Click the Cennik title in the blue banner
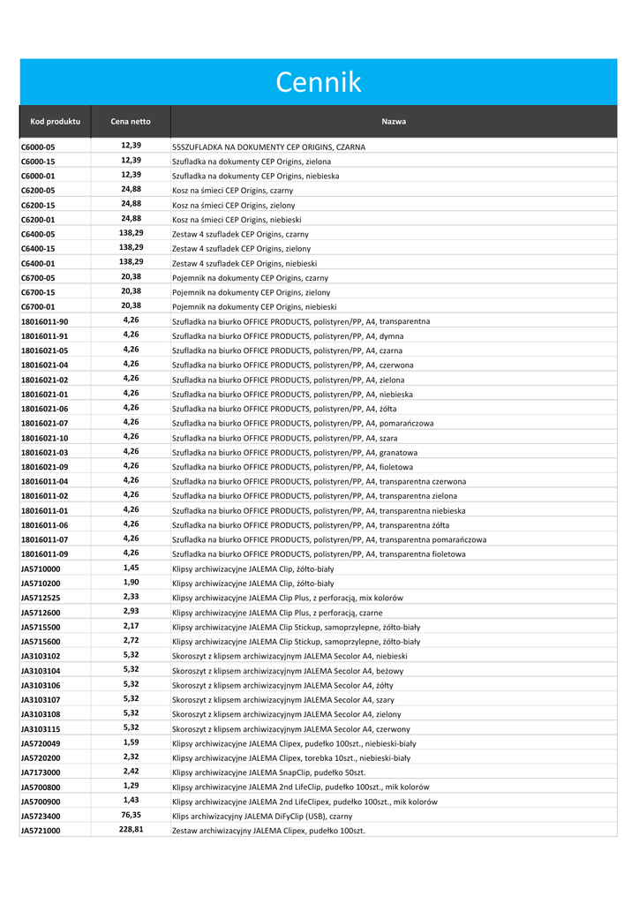click(x=319, y=82)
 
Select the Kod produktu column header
click(x=55, y=121)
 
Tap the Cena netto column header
click(x=131, y=121)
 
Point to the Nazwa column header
click(x=394, y=121)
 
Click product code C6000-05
click(x=38, y=147)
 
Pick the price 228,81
click(x=131, y=829)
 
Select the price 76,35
click(x=131, y=815)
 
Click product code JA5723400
click(x=41, y=816)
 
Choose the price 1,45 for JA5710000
click(x=131, y=568)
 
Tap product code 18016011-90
click(x=44, y=321)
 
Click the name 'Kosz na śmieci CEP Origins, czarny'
click(x=233, y=191)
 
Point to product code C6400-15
click(x=38, y=249)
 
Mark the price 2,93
click(x=131, y=611)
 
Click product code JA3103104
click(x=41, y=670)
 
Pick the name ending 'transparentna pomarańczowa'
click(x=329, y=539)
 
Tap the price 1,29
click(x=131, y=786)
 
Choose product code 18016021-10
click(x=44, y=438)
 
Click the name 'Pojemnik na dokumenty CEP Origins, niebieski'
click(x=248, y=307)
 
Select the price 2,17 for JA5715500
click(x=131, y=626)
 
